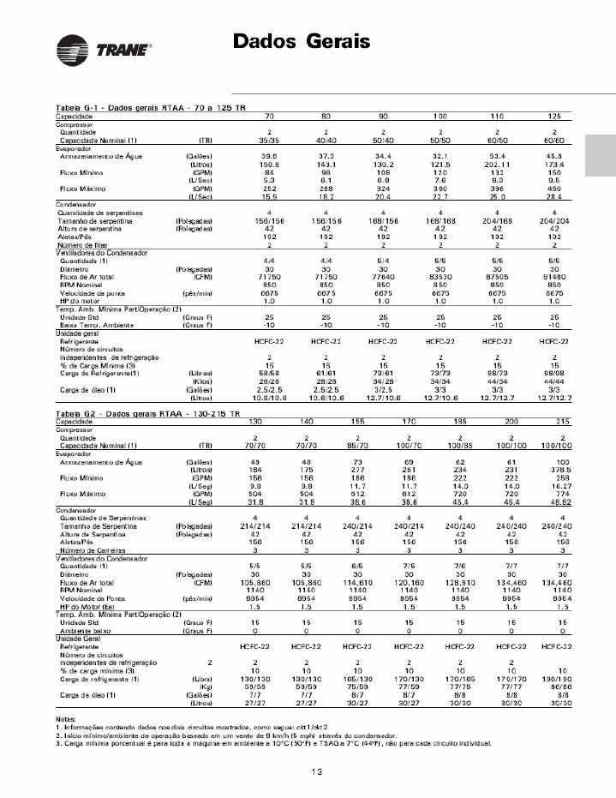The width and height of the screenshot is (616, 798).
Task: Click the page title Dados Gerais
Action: (302, 41)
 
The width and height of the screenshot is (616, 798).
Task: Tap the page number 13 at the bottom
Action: (317, 772)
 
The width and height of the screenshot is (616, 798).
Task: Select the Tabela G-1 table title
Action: (141, 107)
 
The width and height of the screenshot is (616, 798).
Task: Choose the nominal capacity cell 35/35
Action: (269, 139)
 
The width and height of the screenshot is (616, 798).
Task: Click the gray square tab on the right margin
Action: (601, 158)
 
